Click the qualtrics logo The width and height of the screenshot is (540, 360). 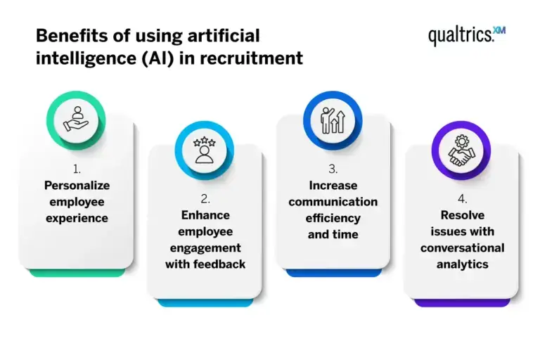point(467,35)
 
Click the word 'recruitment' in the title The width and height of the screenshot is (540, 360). point(251,58)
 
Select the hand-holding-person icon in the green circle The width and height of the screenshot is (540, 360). point(76,120)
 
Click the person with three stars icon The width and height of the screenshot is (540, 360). point(204,150)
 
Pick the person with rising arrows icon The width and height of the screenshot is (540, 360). point(333,120)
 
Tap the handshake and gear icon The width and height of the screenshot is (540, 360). point(461,150)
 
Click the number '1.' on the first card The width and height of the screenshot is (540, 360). point(77,169)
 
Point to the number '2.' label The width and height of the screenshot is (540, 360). point(205,199)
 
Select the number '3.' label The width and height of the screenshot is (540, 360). point(333,169)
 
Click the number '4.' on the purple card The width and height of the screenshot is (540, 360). point(463,199)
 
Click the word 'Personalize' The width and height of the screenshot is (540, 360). point(77,186)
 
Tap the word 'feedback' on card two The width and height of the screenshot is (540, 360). point(219,264)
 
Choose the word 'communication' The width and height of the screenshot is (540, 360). point(333,202)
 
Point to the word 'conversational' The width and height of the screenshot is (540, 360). point(462,247)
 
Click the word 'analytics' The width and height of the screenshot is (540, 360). point(463,264)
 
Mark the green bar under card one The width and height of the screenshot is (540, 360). point(77,273)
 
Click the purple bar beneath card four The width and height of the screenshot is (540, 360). point(462,303)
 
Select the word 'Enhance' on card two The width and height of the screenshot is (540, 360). point(205,215)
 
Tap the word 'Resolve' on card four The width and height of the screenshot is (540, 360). point(463,215)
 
